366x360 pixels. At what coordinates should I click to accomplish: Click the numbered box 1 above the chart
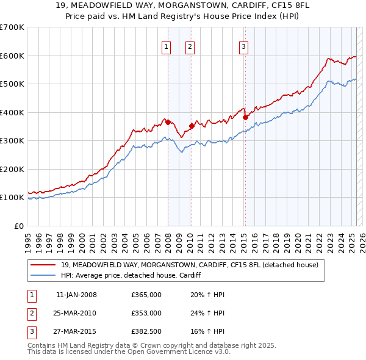coord(166,46)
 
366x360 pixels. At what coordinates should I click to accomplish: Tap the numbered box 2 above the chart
coord(190,46)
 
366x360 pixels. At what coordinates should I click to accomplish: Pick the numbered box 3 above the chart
coord(243,46)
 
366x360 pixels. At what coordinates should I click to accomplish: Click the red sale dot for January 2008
coord(168,122)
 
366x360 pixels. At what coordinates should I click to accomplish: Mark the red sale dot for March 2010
coord(192,126)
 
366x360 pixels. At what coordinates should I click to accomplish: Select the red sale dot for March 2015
coord(245,117)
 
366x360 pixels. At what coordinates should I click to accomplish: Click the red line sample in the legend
coord(43,265)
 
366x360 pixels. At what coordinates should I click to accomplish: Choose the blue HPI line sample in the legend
coord(43,276)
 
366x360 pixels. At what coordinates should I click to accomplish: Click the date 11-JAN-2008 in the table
coord(76,295)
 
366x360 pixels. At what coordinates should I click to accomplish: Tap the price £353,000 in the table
coord(146,313)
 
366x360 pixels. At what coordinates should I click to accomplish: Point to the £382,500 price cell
coord(146,331)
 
